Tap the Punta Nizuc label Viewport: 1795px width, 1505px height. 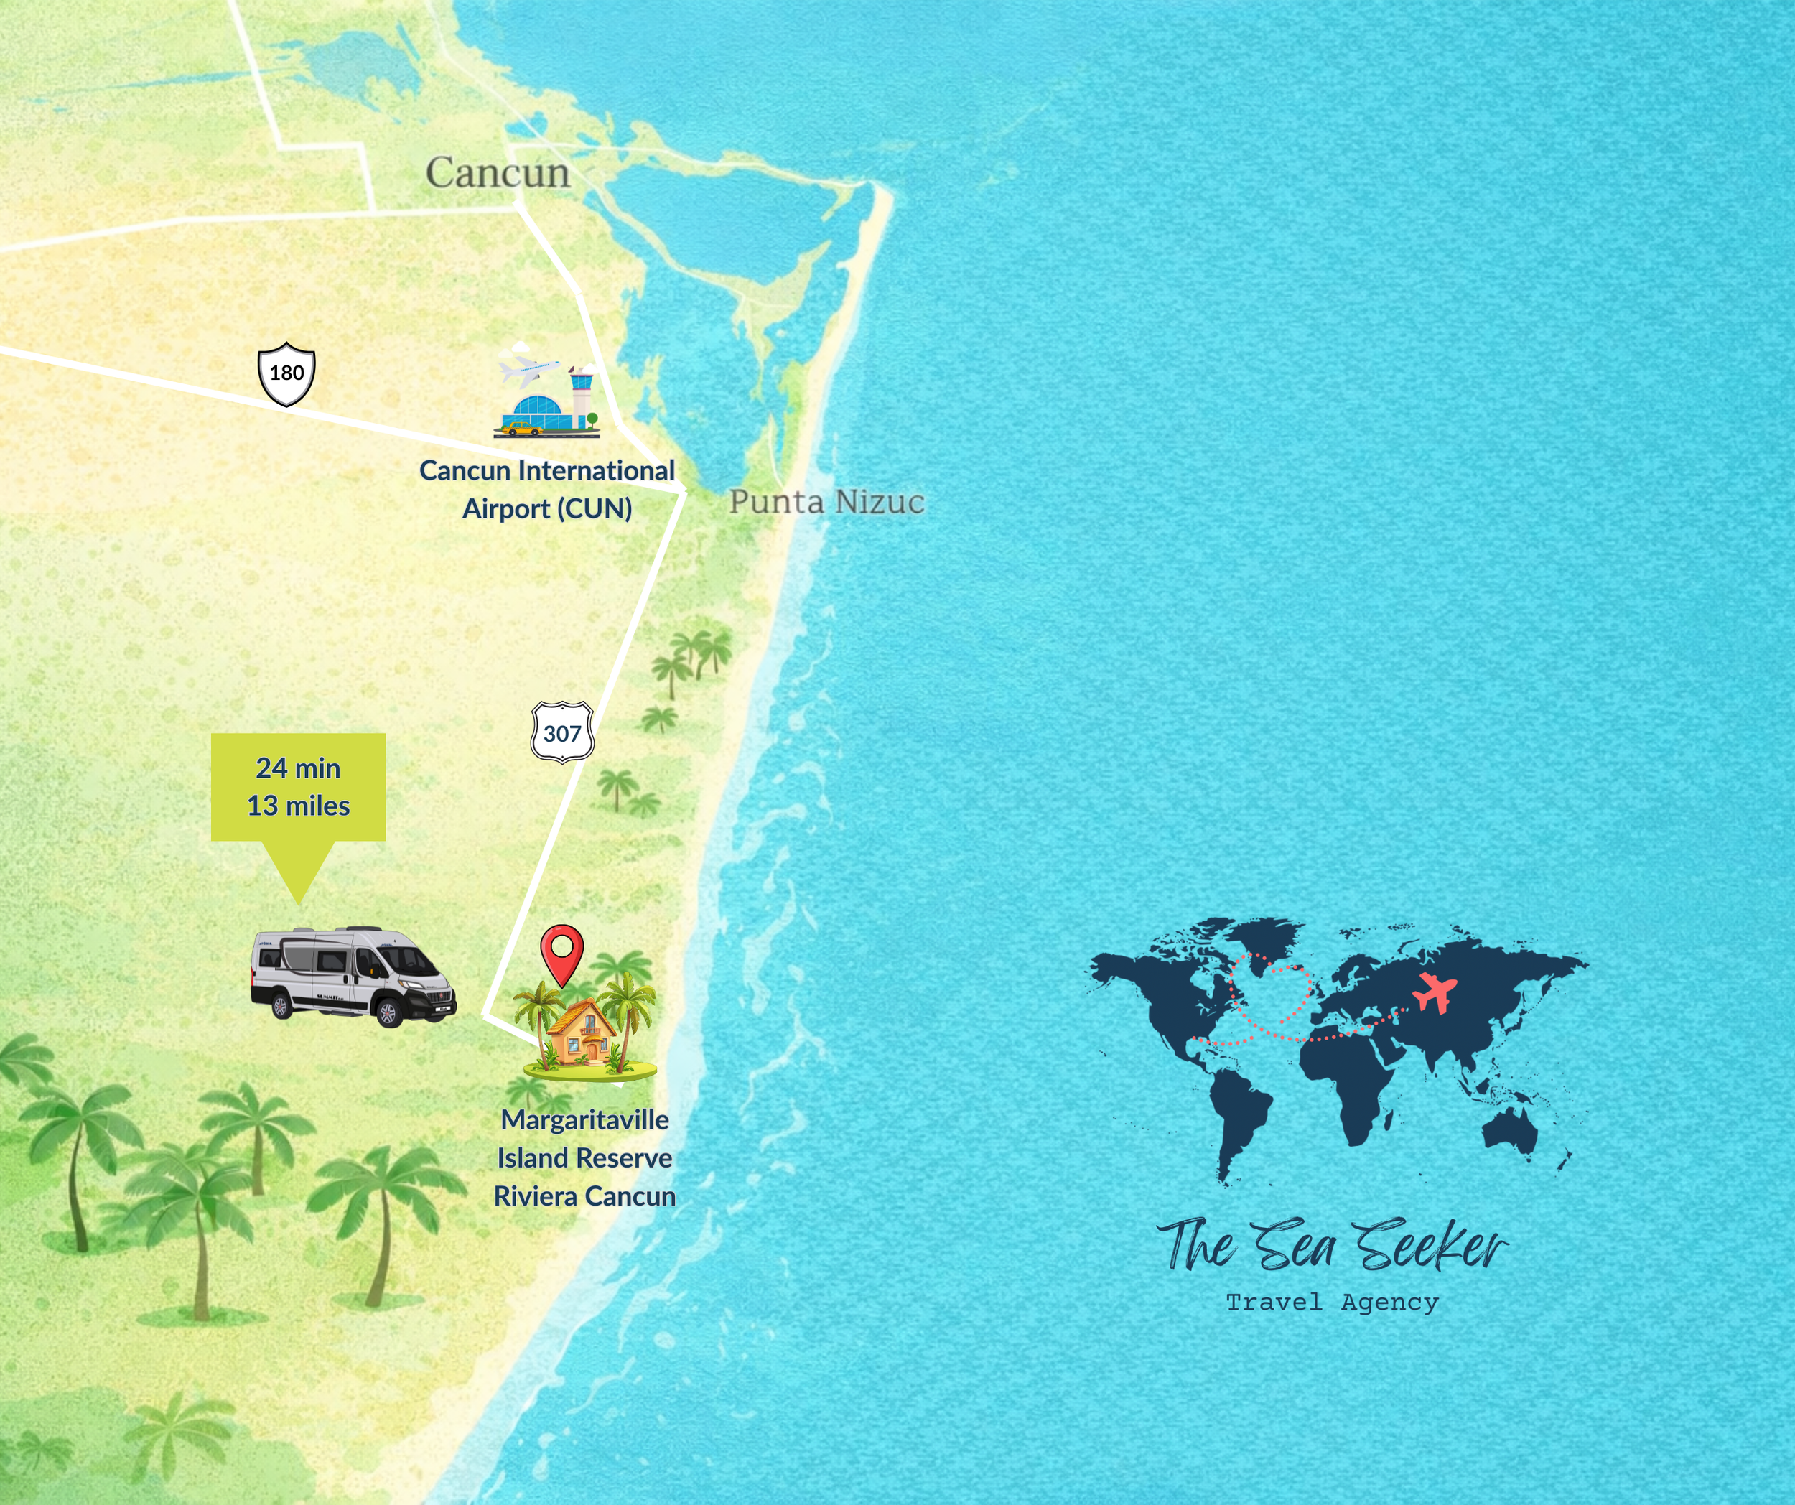[x=826, y=502]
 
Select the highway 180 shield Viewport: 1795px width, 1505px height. [x=286, y=373]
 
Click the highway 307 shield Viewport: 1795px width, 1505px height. [x=562, y=732]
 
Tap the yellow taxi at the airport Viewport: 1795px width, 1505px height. [x=522, y=427]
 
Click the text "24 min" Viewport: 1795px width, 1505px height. [x=298, y=768]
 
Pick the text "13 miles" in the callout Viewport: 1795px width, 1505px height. [x=298, y=806]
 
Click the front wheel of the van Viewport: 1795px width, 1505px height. [x=388, y=1015]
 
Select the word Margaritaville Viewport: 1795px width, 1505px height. [x=584, y=1119]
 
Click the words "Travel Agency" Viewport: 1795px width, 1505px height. [x=1333, y=1303]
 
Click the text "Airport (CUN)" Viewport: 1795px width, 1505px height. [x=547, y=508]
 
